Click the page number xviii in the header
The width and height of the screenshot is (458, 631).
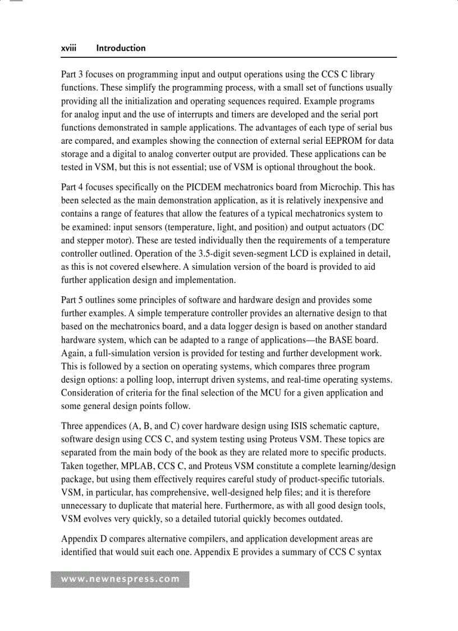coord(70,48)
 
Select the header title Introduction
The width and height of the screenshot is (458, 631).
coord(121,48)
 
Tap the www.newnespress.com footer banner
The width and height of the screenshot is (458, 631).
coord(120,579)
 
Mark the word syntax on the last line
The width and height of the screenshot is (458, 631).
coord(368,552)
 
